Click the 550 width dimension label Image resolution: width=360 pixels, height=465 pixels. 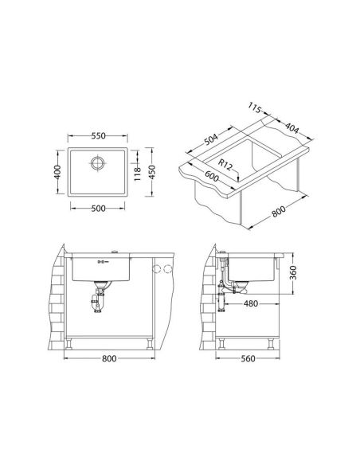coord(98,136)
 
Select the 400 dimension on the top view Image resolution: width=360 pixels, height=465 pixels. coord(57,172)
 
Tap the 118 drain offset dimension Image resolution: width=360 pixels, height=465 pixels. coord(137,174)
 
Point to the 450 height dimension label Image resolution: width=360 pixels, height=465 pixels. coord(151,172)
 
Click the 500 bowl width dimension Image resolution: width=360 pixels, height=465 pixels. coord(98,209)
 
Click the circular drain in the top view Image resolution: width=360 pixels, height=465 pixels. coord(97,162)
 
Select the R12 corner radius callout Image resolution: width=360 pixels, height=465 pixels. coord(225,165)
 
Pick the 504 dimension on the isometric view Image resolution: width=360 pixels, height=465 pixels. coord(211,139)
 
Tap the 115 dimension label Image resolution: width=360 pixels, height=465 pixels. coord(255,108)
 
